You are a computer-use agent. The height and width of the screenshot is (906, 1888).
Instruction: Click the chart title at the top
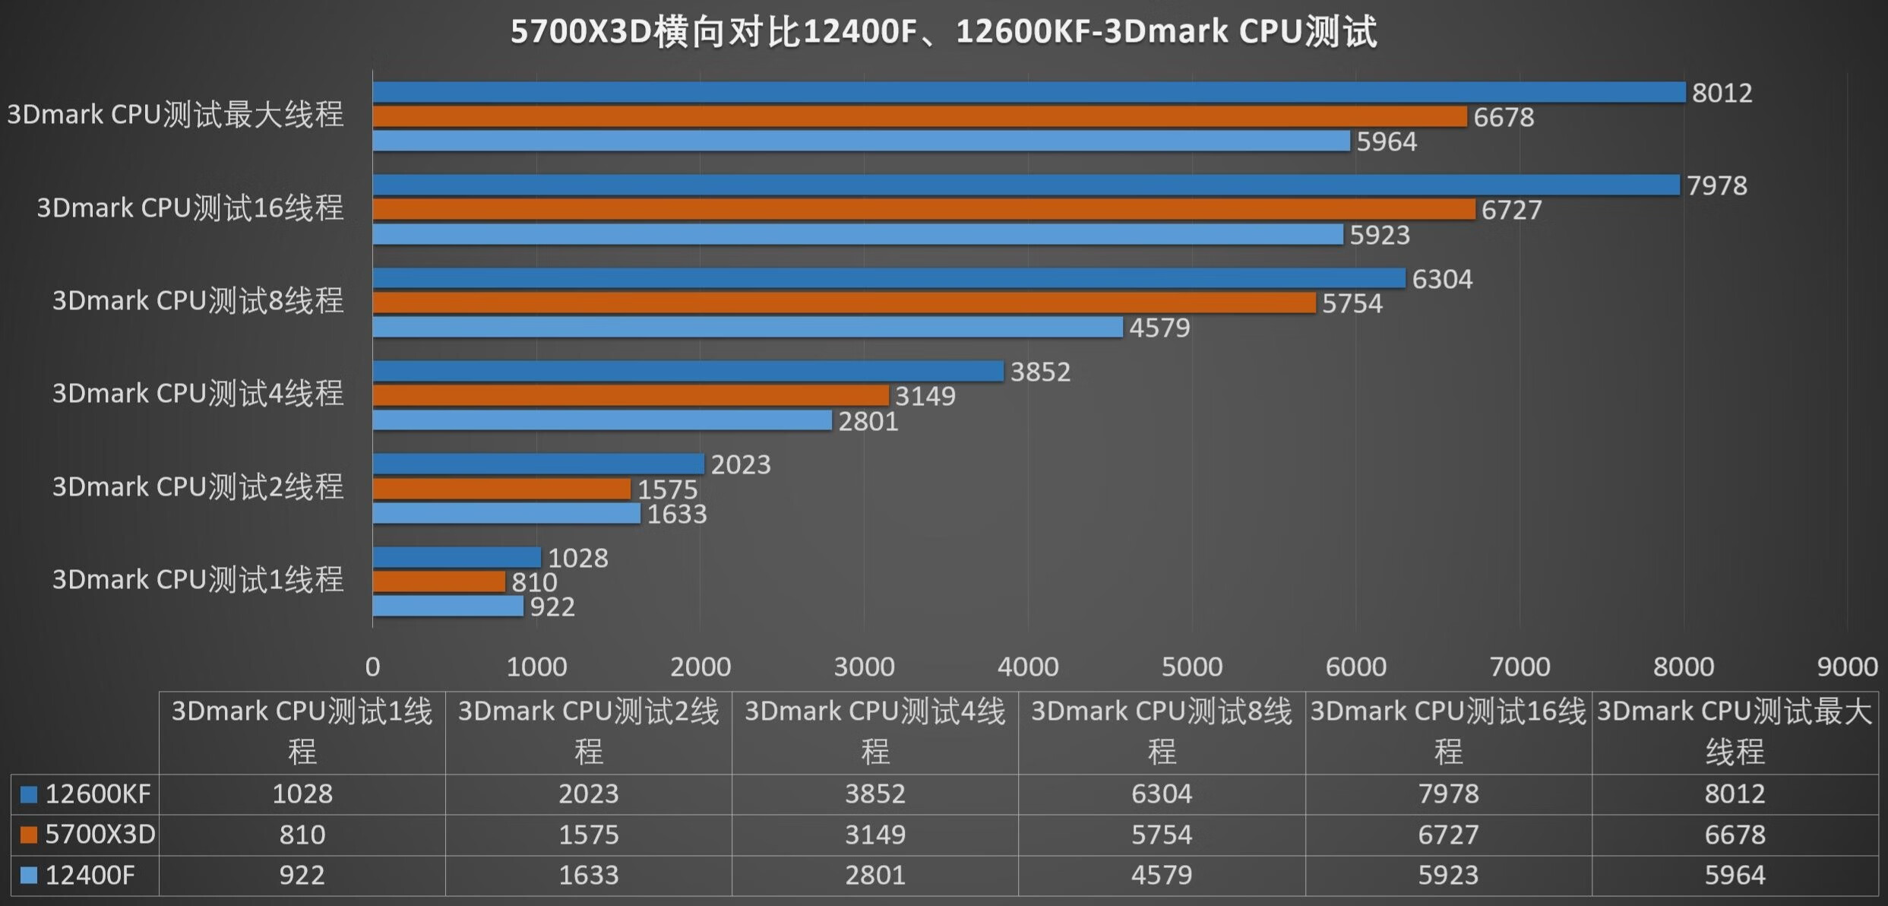(x=943, y=32)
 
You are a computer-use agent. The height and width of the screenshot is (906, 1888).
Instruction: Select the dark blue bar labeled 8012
(x=1026, y=92)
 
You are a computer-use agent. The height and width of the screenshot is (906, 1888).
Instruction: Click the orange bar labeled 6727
(x=923, y=209)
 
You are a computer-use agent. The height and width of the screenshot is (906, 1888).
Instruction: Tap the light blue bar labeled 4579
(x=747, y=328)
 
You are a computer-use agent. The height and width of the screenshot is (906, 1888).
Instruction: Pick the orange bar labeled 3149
(x=631, y=395)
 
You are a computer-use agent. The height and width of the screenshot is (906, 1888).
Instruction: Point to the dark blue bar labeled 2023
(x=538, y=464)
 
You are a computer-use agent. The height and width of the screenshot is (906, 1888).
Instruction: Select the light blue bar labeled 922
(x=447, y=607)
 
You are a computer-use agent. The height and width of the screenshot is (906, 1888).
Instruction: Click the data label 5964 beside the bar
(x=1387, y=142)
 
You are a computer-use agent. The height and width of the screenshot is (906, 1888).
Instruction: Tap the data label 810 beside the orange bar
(x=534, y=582)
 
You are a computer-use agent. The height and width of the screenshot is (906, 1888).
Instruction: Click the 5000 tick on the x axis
(x=1191, y=667)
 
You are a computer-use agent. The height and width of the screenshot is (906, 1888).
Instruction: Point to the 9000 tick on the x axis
(x=1847, y=667)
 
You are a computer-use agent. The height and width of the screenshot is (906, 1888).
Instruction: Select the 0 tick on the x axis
(x=372, y=667)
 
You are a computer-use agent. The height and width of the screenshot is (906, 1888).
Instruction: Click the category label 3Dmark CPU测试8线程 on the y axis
(x=198, y=301)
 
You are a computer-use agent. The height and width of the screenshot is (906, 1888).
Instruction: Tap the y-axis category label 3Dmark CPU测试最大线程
(x=176, y=115)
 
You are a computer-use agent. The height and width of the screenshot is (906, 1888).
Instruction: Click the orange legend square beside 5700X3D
(x=29, y=835)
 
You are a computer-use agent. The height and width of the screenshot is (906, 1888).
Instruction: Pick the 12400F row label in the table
(x=90, y=876)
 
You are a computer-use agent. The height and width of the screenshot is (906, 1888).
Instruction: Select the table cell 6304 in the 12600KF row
(x=1161, y=794)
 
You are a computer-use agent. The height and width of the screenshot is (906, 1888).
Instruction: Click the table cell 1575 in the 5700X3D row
(x=588, y=835)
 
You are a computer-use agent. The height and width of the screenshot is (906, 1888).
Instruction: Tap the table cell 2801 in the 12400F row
(x=874, y=876)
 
